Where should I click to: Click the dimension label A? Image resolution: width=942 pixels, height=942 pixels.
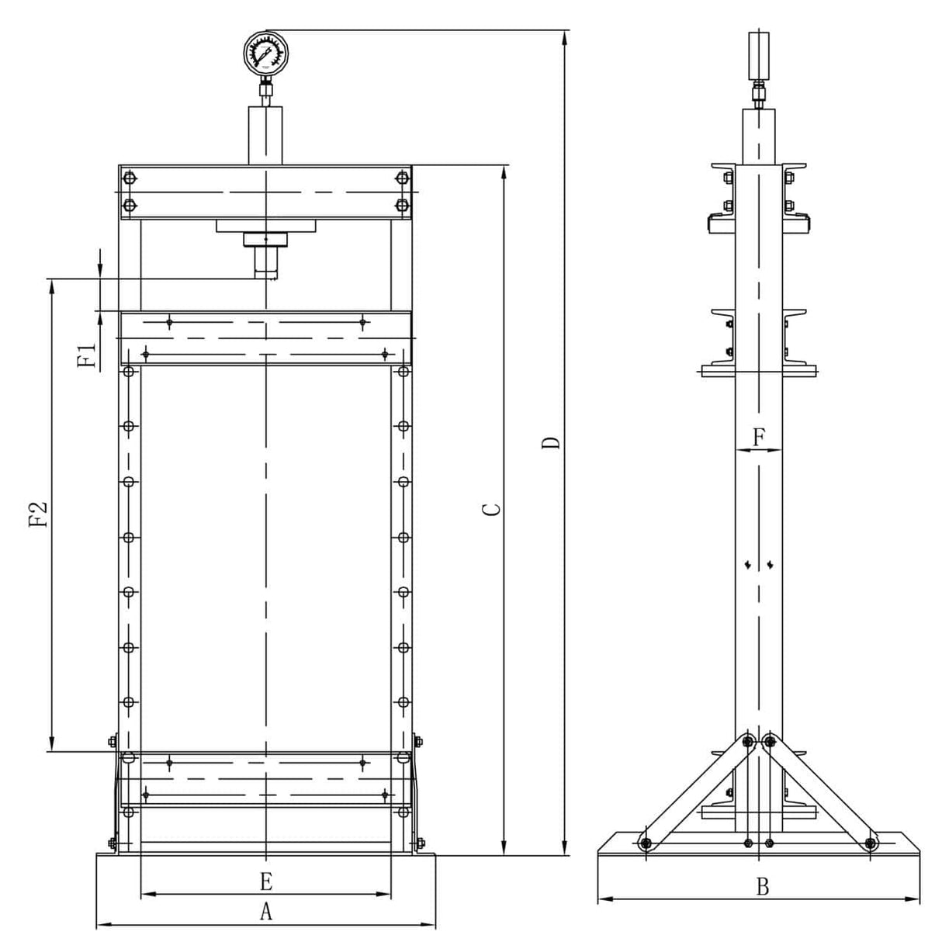pyautogui.click(x=265, y=912)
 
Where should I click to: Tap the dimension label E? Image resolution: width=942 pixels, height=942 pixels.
pyautogui.click(x=265, y=881)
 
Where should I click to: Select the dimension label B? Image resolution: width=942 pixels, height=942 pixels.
pyautogui.click(x=762, y=887)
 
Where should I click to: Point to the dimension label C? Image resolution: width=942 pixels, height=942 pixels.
pyautogui.click(x=490, y=509)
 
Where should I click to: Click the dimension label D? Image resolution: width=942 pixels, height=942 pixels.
pyautogui.click(x=551, y=444)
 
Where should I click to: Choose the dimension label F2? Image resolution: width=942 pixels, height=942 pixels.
pyautogui.click(x=39, y=514)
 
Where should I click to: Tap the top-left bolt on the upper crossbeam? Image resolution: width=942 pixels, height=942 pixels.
pyautogui.click(x=129, y=179)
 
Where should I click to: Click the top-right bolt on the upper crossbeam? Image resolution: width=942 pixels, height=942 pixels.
pyautogui.click(x=401, y=179)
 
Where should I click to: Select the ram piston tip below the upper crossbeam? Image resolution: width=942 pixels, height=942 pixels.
pyautogui.click(x=265, y=272)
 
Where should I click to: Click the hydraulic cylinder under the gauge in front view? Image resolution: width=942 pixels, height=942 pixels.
pyautogui.click(x=265, y=135)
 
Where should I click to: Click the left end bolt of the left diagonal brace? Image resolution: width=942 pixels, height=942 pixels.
pyautogui.click(x=645, y=843)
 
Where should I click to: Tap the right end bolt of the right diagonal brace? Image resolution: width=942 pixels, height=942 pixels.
pyautogui.click(x=871, y=843)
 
